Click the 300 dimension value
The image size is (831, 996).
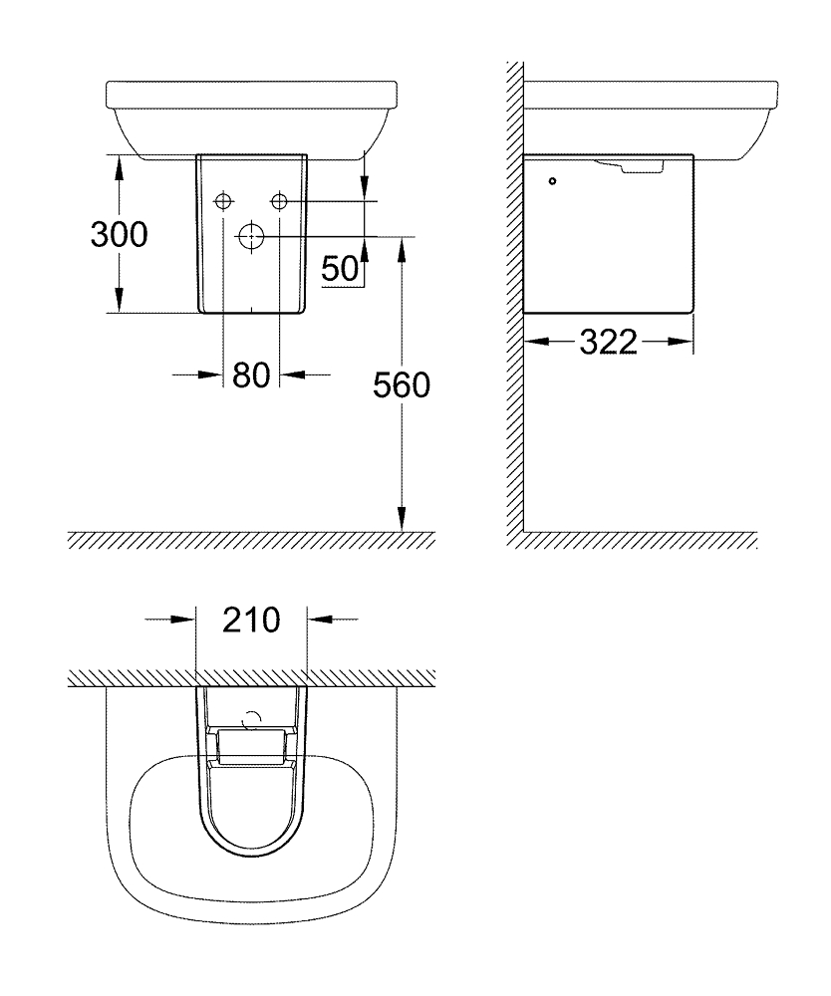[x=119, y=234]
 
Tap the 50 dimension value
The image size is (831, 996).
[x=340, y=269]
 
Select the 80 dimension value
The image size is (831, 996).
[x=251, y=375]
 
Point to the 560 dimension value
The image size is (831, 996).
[x=402, y=385]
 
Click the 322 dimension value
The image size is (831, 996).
[x=608, y=343]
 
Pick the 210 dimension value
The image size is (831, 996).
[x=251, y=620]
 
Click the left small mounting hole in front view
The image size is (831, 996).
[x=223, y=202]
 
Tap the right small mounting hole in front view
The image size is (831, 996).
[x=280, y=202]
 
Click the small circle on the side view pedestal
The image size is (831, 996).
[x=553, y=181]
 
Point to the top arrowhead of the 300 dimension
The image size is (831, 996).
[x=119, y=165]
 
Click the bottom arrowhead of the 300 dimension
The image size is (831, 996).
[x=119, y=302]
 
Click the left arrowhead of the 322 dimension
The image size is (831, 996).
[x=536, y=342]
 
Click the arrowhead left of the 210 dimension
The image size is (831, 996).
[x=183, y=619]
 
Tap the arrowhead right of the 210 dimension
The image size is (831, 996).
[x=319, y=619]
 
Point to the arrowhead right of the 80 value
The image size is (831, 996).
[x=292, y=374]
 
